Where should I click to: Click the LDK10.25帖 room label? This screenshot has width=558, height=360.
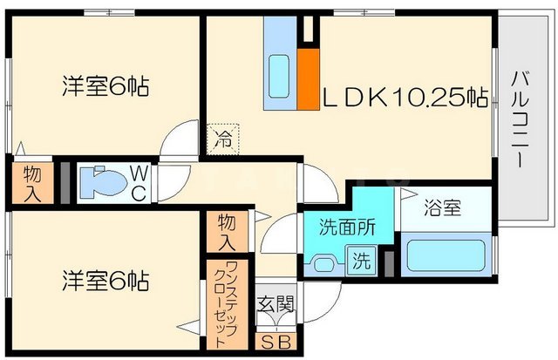point(405,97)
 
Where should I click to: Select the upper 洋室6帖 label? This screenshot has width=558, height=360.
point(104,86)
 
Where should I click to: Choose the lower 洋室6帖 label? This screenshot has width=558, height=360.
point(104,281)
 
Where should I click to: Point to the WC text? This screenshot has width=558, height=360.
point(139,182)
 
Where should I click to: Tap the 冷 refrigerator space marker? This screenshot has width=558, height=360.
point(222,137)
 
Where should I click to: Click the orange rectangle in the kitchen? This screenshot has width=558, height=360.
point(308,79)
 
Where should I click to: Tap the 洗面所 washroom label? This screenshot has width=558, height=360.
point(346,228)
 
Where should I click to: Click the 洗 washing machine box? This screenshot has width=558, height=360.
point(360,259)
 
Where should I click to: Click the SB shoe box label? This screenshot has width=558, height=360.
point(271,341)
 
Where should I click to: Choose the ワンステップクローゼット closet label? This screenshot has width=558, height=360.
point(225,302)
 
